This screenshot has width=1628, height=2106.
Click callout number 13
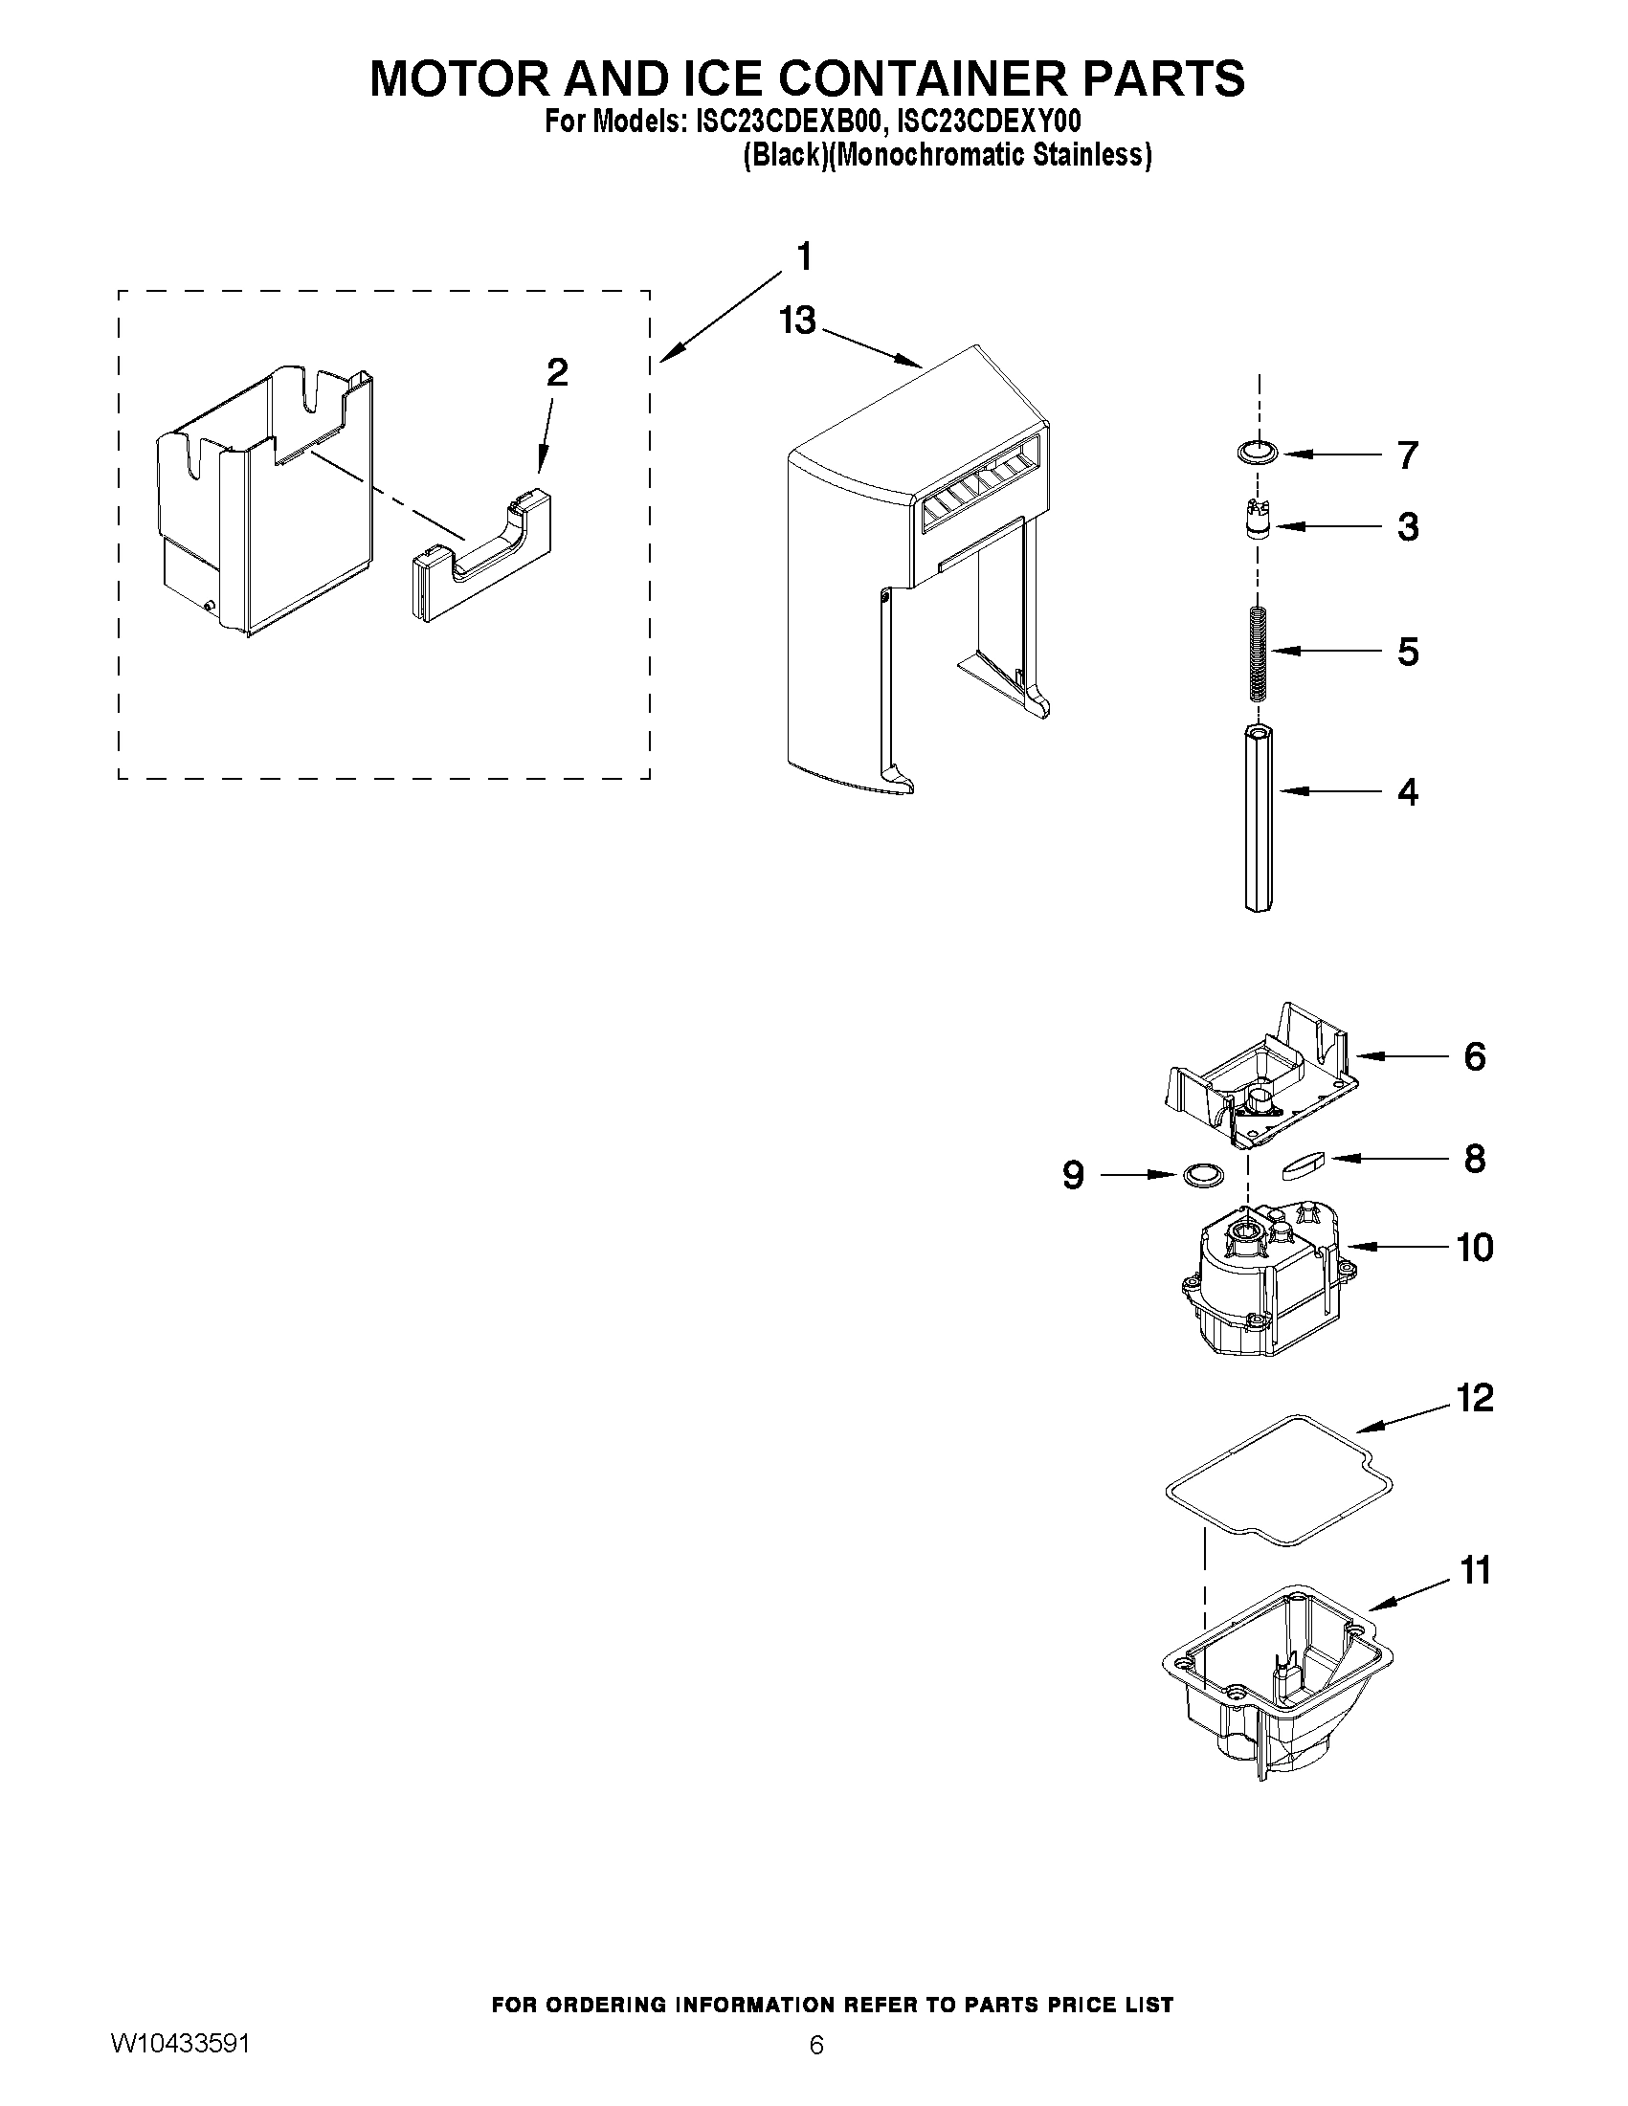coord(797,321)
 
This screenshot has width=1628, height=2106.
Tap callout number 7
coord(1407,455)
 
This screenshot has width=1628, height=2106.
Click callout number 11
coord(1475,1571)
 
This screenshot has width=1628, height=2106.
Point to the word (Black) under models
coord(783,155)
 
